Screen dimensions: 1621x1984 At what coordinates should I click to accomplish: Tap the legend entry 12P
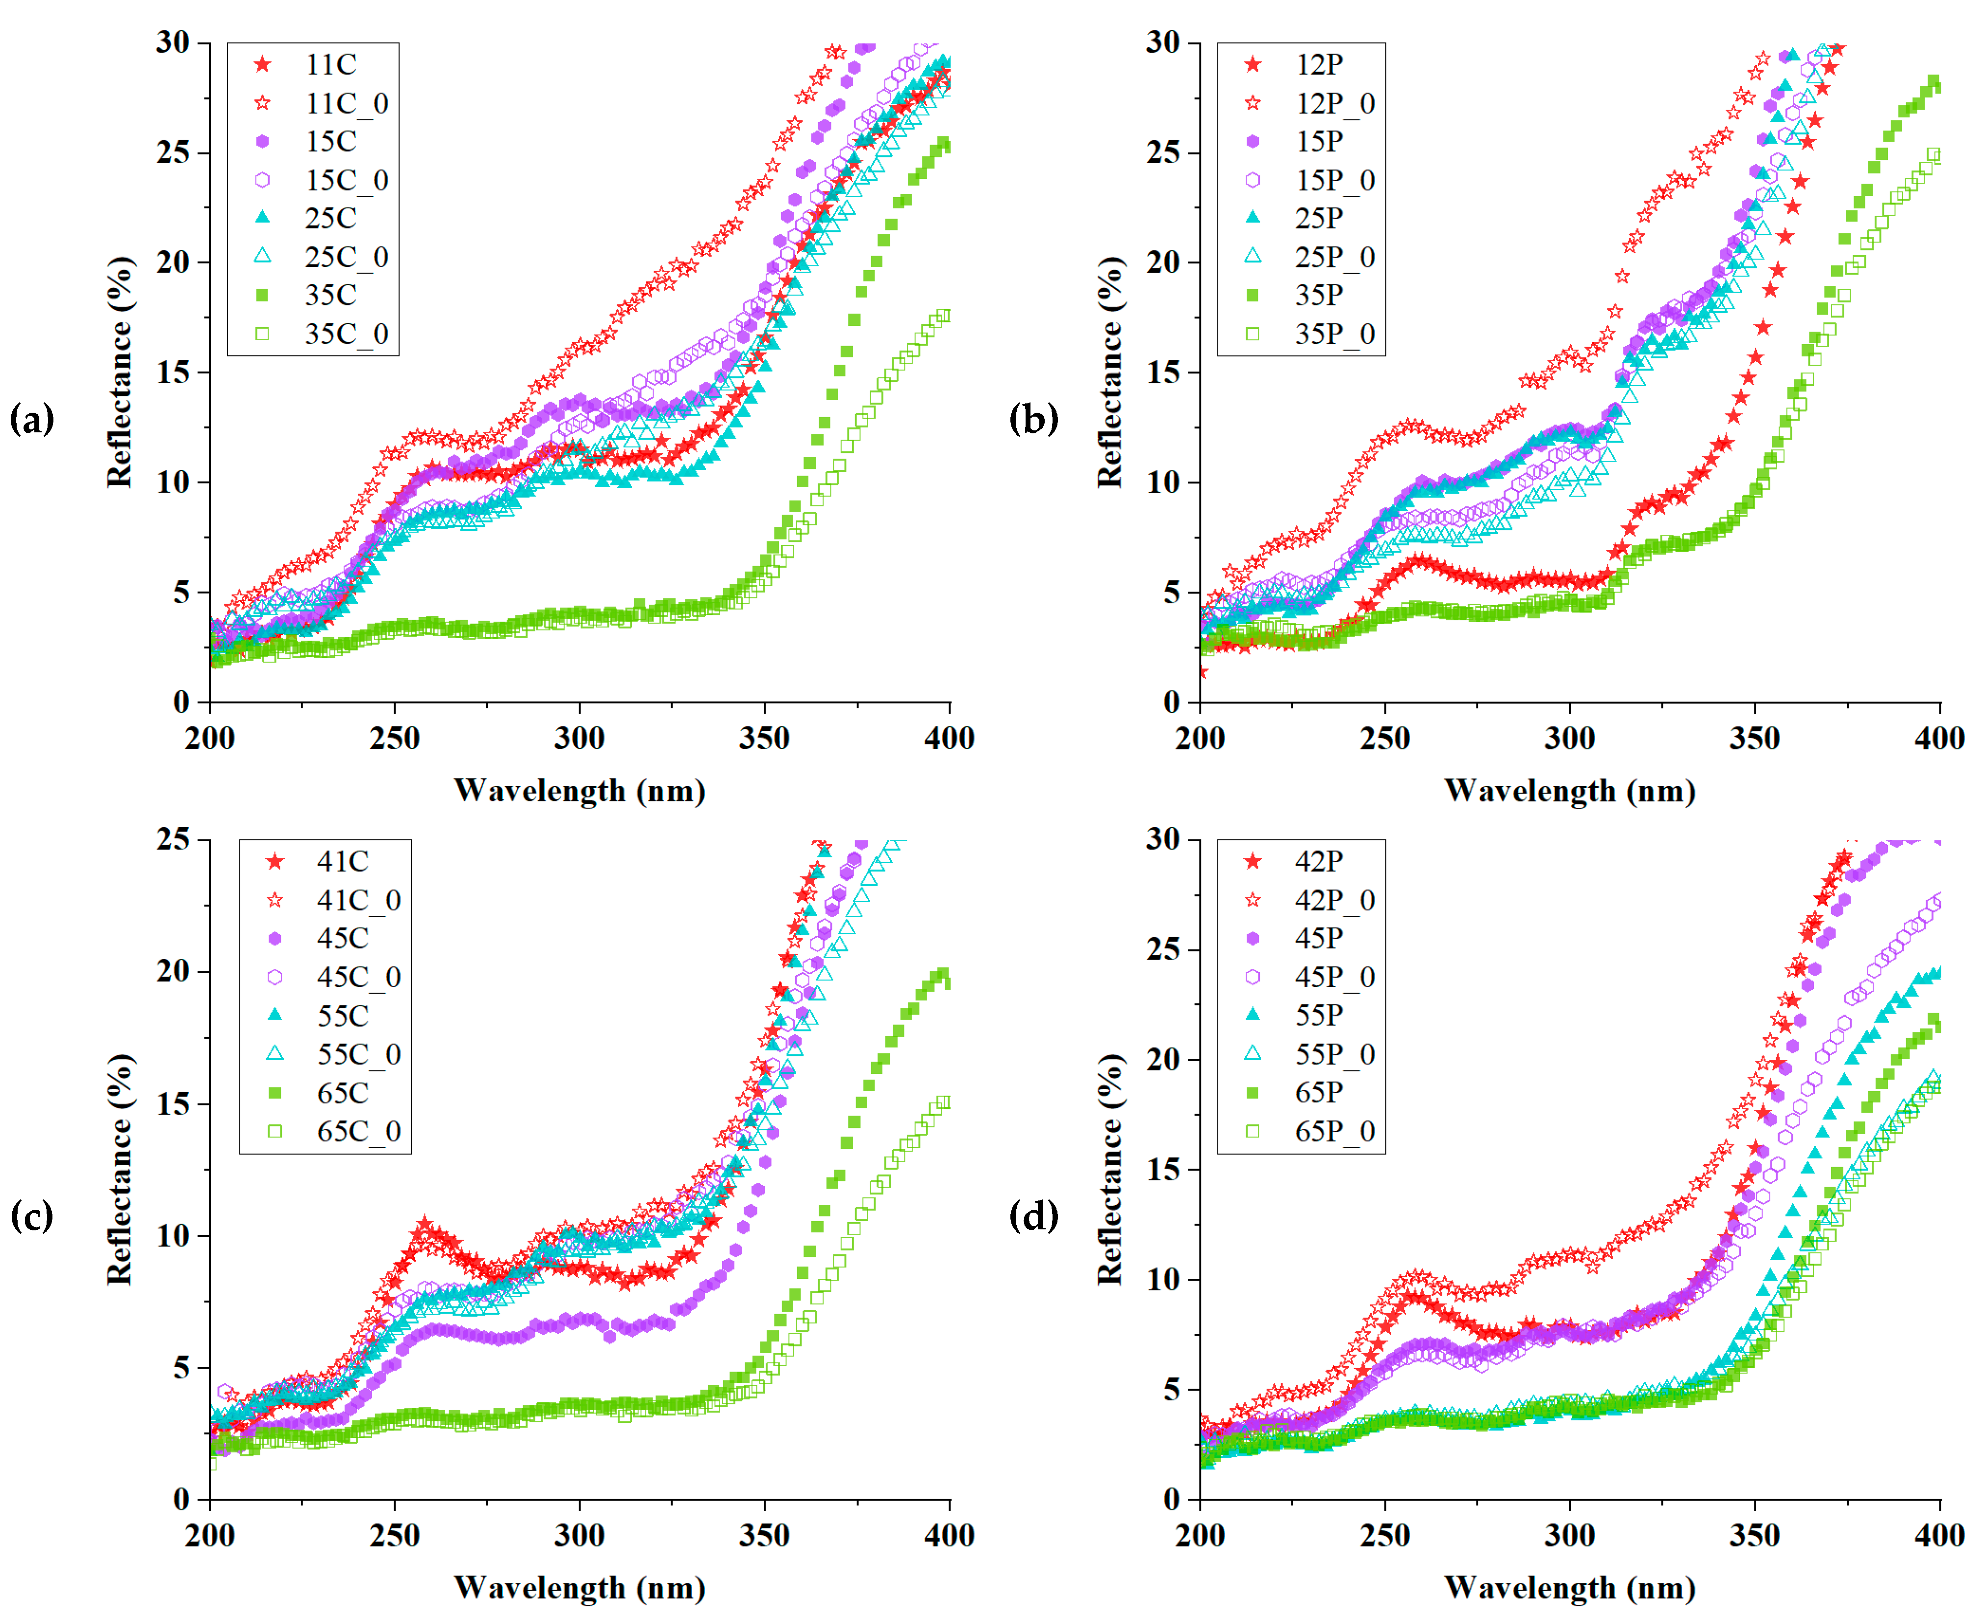(x=1319, y=64)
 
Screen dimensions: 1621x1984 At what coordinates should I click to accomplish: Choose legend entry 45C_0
(x=358, y=977)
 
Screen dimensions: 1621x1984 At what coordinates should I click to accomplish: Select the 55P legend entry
(x=1319, y=1015)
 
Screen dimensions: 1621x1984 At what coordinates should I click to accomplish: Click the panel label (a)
(x=32, y=419)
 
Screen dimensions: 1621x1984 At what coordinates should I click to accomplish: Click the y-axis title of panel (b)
(x=1109, y=372)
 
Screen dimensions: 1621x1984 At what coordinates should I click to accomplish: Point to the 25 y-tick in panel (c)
(x=173, y=840)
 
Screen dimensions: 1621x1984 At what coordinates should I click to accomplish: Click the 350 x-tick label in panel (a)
(x=764, y=739)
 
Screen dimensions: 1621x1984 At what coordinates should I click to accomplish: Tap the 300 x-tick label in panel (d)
(x=1569, y=1536)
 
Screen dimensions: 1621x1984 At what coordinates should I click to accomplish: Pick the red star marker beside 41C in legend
(x=275, y=861)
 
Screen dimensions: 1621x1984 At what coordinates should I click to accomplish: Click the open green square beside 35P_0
(x=1253, y=333)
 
